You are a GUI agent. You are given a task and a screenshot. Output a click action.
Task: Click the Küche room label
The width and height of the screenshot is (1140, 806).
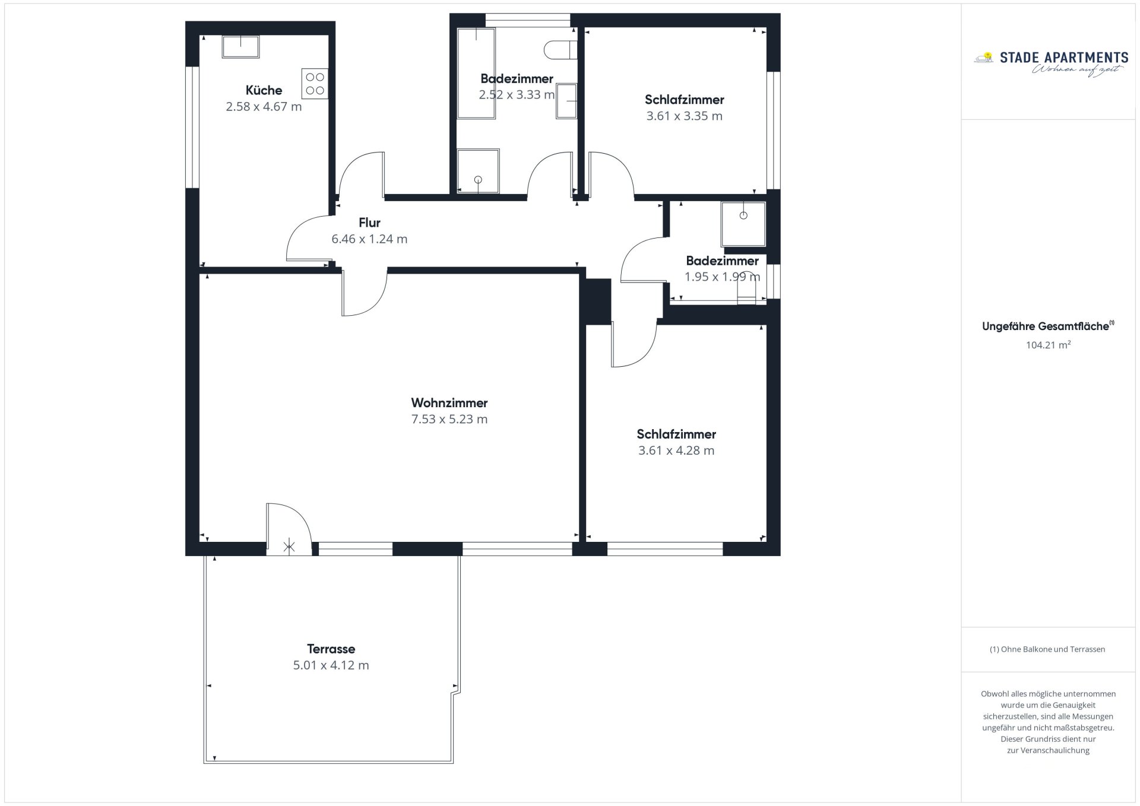[264, 90]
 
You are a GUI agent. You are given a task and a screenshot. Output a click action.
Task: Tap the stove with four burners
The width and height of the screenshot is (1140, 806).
[315, 84]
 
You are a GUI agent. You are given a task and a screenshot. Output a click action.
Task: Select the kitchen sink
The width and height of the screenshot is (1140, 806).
[240, 46]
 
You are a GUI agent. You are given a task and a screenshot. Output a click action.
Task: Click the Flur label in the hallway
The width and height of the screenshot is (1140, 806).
[369, 223]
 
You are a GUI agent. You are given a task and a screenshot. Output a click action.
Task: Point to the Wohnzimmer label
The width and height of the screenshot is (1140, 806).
[449, 403]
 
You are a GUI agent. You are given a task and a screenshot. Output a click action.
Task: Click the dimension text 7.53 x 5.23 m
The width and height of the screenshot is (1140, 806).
[449, 420]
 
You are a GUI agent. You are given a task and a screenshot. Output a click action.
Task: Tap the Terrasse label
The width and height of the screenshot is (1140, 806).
[331, 649]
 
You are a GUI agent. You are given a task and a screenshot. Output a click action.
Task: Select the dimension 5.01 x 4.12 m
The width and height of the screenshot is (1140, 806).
[331, 665]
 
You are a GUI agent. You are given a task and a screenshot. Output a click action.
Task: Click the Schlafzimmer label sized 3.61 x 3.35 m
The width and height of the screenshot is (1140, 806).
[685, 100]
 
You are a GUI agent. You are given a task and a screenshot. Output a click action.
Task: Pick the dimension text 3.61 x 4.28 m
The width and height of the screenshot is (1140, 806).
[676, 450]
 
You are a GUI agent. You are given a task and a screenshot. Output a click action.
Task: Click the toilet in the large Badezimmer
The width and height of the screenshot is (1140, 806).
[560, 50]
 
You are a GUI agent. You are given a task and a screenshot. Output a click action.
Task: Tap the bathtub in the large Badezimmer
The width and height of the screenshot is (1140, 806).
[476, 73]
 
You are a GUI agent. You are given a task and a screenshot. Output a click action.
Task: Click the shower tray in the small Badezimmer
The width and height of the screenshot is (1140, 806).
[743, 224]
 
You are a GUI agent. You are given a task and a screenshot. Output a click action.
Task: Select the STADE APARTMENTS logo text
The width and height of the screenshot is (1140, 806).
[1064, 58]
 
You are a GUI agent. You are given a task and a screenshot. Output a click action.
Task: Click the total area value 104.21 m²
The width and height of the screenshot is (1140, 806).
[1048, 345]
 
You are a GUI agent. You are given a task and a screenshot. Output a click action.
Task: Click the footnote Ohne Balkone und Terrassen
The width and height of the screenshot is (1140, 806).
[1047, 649]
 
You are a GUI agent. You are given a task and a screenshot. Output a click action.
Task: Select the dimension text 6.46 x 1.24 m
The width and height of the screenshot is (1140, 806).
[369, 239]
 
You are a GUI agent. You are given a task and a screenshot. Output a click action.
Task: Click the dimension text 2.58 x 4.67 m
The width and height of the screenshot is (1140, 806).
[264, 107]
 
